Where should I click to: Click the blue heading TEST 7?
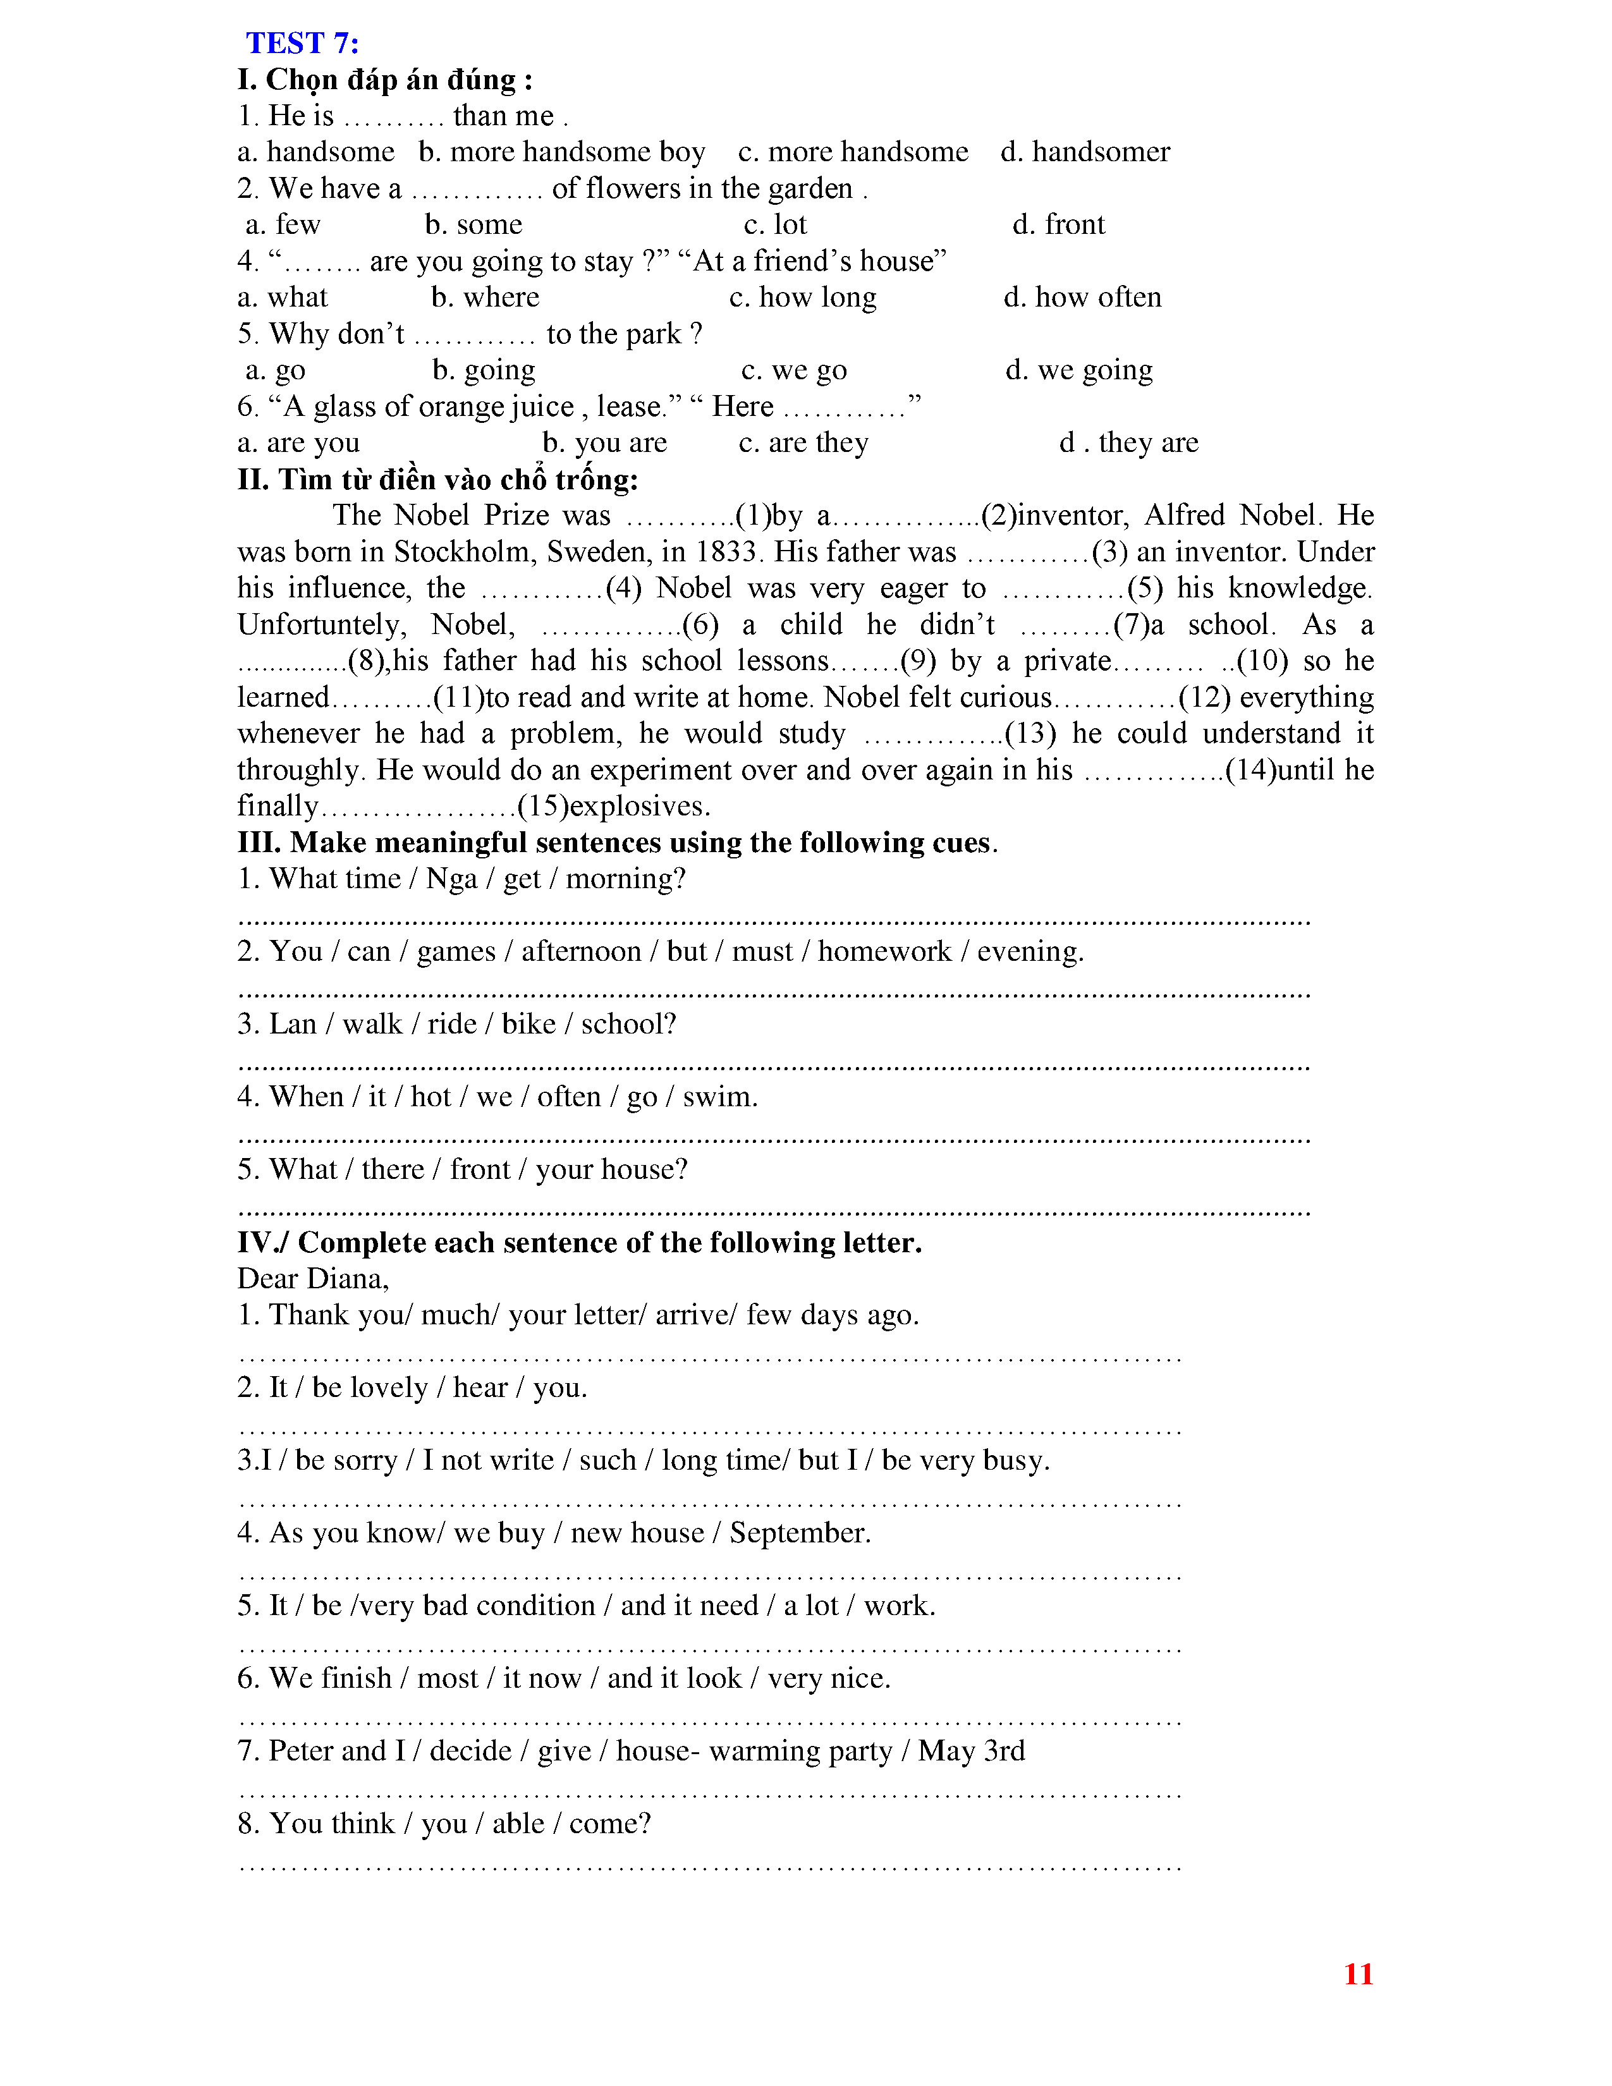click(302, 44)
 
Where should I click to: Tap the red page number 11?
click(1358, 1973)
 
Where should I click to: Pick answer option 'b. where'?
click(485, 297)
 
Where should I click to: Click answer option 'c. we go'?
click(793, 370)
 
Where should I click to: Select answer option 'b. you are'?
click(604, 442)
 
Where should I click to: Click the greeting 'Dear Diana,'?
click(313, 1279)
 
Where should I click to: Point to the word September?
click(799, 1533)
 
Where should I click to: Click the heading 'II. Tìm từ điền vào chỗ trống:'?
click(437, 480)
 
